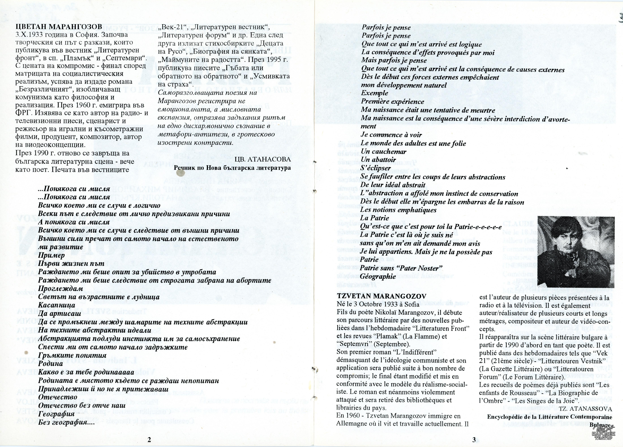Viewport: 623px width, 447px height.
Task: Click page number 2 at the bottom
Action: (149, 439)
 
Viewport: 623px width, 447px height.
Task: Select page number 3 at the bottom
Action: (474, 439)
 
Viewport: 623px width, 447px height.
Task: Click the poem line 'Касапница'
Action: (57, 305)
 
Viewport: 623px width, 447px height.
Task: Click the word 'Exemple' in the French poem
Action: (374, 93)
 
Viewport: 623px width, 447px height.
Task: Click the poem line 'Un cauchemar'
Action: (383, 152)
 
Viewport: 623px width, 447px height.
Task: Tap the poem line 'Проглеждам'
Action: (60, 289)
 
